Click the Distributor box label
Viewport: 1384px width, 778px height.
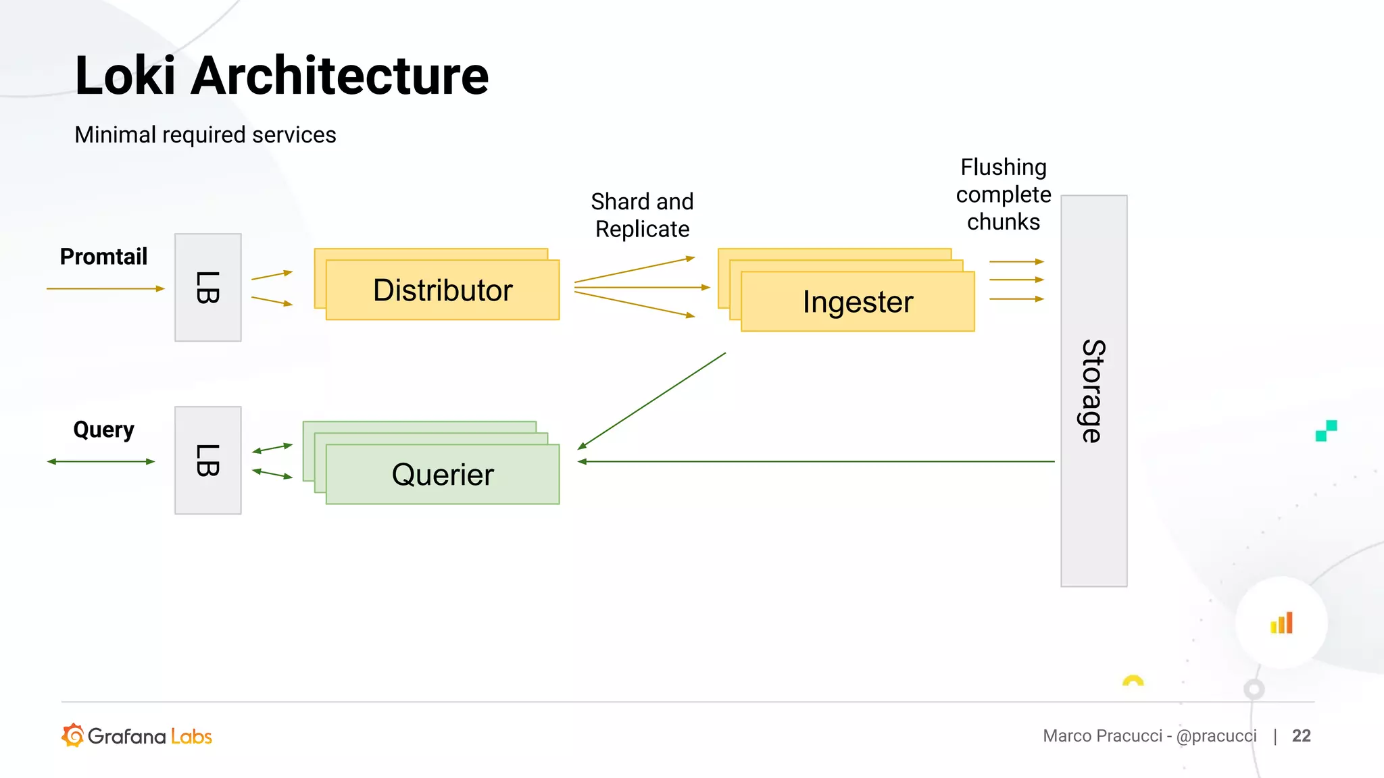point(443,290)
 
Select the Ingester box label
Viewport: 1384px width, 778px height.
point(858,302)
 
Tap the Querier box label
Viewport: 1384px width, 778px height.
point(443,475)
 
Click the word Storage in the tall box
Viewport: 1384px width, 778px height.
point(1093,391)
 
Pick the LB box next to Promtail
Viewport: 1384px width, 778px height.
point(207,288)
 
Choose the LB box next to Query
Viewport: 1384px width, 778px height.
point(207,461)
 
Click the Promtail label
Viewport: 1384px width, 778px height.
point(103,257)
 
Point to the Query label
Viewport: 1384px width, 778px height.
point(103,430)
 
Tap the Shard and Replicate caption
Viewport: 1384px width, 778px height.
point(642,215)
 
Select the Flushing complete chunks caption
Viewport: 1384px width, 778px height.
point(1004,194)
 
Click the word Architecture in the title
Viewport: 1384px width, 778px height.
point(339,76)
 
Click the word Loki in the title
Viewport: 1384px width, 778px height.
point(125,76)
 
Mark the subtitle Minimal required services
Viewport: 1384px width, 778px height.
point(205,135)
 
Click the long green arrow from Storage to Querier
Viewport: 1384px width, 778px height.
point(811,461)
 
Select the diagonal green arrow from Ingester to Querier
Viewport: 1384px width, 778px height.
point(652,400)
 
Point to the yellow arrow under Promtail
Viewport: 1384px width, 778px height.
point(105,288)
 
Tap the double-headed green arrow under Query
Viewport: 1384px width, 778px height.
point(101,461)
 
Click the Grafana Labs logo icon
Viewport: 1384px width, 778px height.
point(73,735)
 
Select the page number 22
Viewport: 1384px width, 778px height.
point(1301,735)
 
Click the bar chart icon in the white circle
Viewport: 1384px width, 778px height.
point(1281,623)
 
